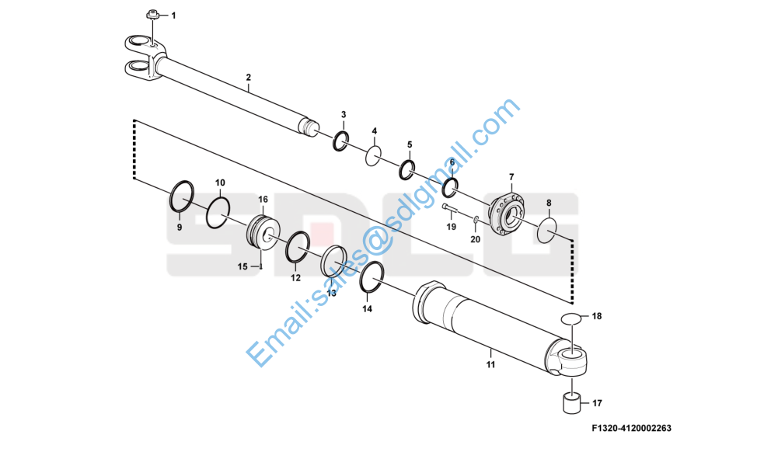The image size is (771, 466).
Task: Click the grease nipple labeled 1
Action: (x=152, y=15)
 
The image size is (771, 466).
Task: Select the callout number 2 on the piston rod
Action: (x=248, y=77)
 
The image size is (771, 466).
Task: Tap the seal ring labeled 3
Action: (x=340, y=141)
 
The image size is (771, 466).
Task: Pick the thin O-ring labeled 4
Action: (x=373, y=156)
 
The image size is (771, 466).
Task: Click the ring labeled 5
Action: (x=406, y=169)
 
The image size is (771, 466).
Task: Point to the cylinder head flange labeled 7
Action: (x=507, y=214)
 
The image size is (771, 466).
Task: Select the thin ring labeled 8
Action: (x=547, y=230)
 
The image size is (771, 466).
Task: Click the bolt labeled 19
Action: (x=450, y=209)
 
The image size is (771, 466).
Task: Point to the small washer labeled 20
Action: (x=476, y=219)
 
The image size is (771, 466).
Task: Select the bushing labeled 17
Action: (x=571, y=402)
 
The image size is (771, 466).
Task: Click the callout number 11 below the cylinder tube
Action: (x=490, y=365)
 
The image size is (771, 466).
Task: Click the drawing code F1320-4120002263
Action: (x=631, y=428)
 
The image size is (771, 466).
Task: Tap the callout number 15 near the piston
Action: (x=242, y=266)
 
